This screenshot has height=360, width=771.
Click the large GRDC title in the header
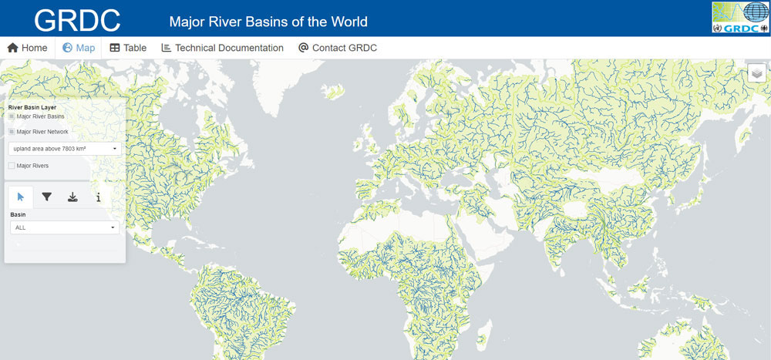77,19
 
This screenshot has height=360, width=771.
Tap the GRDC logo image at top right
739,18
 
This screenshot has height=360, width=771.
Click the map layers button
757,72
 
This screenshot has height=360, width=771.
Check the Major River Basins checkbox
12,116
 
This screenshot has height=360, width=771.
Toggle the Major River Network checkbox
12,132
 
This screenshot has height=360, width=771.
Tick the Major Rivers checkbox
12,166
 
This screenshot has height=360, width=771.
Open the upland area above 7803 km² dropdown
65,148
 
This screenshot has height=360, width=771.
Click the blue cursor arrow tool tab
21,197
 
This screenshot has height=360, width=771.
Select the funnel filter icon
47,197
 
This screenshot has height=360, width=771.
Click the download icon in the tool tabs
72,197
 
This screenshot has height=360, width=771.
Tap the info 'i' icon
99,197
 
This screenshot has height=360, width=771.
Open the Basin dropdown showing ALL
65,227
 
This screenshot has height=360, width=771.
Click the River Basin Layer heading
32,107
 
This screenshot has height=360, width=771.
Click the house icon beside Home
12,48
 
